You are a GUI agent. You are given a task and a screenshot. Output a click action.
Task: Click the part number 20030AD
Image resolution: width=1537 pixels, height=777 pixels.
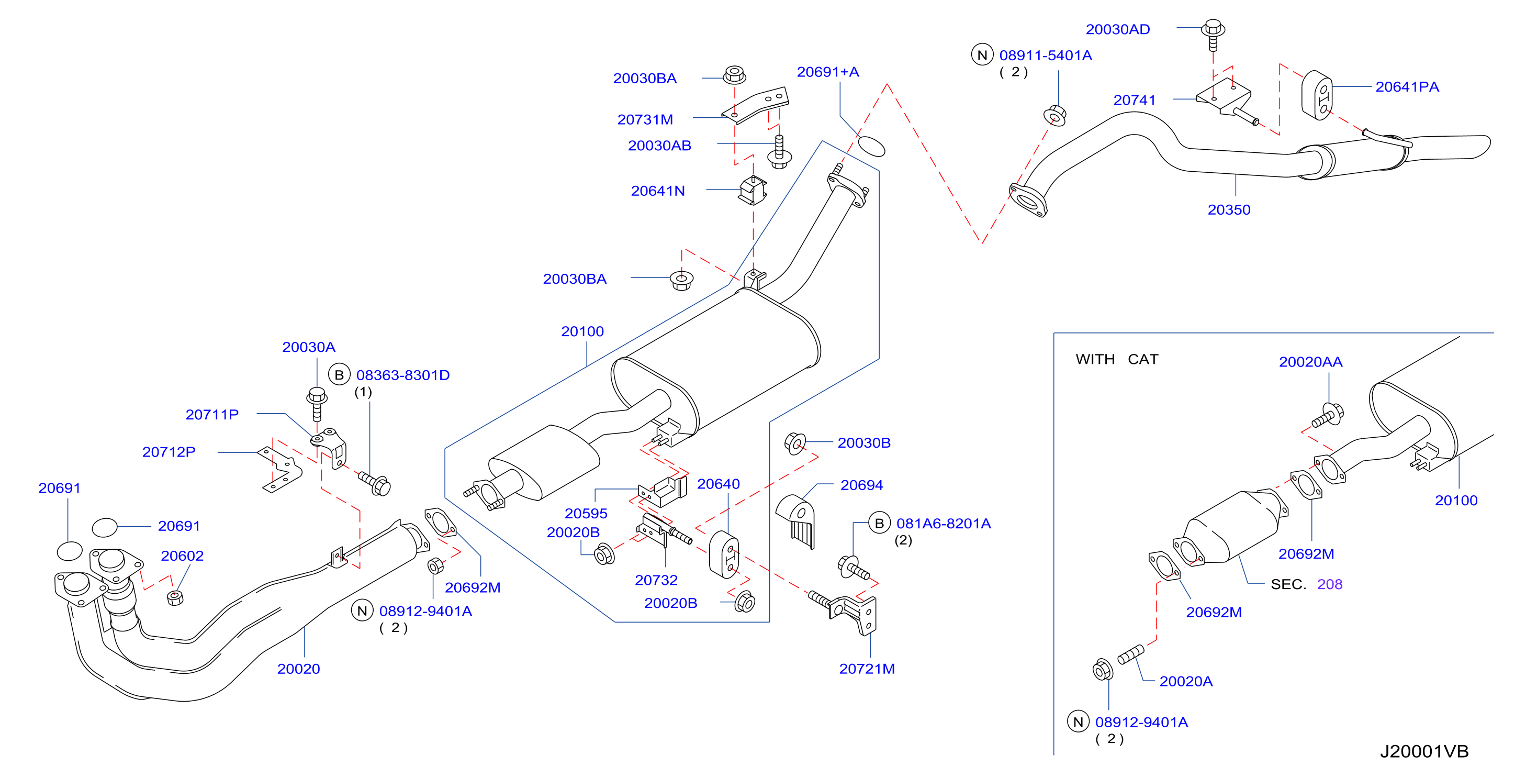pos(1117,29)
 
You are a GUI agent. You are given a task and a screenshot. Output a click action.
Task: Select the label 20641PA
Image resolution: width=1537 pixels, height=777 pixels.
pos(1406,87)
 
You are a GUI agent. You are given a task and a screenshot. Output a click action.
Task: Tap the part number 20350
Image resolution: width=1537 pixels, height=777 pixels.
pos(1229,210)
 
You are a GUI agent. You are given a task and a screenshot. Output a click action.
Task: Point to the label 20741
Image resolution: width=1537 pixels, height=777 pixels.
pos(1134,100)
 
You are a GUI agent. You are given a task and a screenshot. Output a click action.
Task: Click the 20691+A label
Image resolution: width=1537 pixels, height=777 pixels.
pos(827,72)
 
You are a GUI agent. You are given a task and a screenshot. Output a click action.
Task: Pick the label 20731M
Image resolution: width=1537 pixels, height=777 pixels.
pos(644,120)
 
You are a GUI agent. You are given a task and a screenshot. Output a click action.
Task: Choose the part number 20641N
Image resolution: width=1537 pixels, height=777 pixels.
pos(657,191)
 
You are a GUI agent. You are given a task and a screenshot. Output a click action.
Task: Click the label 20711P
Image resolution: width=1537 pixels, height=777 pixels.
pos(212,415)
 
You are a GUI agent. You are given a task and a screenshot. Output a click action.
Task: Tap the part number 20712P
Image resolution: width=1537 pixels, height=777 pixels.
pos(169,452)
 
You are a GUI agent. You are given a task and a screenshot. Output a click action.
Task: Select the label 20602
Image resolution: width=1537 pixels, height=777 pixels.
pos(182,556)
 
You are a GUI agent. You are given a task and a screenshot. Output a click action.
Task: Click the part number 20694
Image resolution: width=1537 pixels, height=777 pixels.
pos(861,486)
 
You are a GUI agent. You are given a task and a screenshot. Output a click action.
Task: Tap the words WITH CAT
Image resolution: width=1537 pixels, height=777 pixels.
pos(1116,360)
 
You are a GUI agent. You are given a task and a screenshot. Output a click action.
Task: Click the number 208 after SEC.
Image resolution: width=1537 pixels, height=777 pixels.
pos(1329,585)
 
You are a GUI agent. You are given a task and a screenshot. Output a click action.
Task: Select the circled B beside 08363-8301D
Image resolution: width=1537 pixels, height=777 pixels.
pos(339,375)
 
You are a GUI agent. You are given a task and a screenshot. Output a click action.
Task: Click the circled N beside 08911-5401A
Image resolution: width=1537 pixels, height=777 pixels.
pos(982,55)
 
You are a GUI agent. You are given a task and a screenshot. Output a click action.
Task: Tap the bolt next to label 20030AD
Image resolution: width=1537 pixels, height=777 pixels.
pos(1213,35)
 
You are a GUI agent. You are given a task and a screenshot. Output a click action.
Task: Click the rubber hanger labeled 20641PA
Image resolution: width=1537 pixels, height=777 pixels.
pos(1316,95)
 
